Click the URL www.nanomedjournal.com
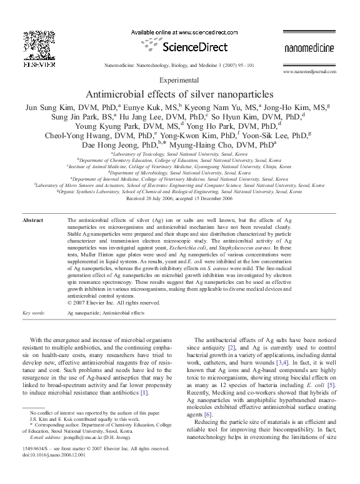[x=307, y=73]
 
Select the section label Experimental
[x=179, y=81]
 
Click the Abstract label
[x=32, y=221]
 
